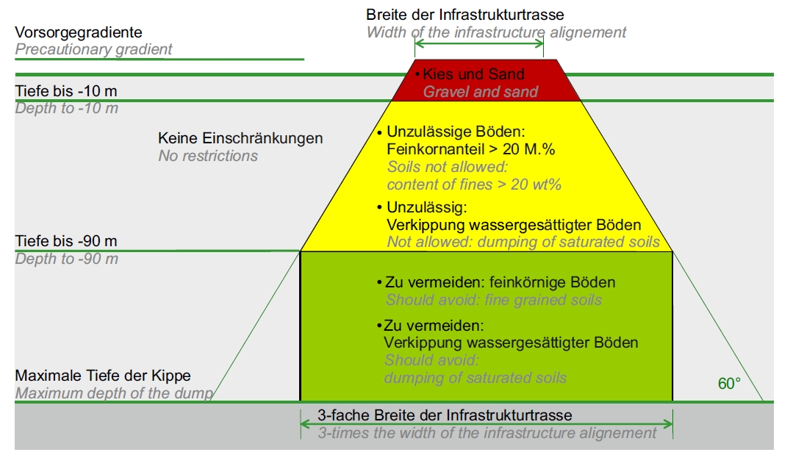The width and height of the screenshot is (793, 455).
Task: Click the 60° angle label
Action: coord(729,384)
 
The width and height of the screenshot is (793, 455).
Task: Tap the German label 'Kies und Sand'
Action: coord(473,74)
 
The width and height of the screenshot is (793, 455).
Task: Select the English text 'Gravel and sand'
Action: coord(481,92)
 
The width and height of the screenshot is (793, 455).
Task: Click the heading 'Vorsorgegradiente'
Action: coord(79,32)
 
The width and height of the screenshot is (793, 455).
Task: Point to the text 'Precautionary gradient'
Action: coord(93,49)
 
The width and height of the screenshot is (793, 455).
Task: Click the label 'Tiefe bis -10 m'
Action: coord(66,91)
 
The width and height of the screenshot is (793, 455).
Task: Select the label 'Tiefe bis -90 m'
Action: coord(66,241)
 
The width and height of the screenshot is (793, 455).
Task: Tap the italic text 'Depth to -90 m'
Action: coord(67,259)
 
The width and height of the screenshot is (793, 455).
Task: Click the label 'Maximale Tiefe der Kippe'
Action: coord(103,376)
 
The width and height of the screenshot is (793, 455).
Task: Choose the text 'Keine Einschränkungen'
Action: coord(240,138)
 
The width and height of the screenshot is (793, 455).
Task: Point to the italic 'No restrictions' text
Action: coord(208,156)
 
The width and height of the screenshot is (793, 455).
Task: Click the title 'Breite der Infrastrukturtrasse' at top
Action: coord(465,15)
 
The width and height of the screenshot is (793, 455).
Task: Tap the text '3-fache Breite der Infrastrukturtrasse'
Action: coord(445,415)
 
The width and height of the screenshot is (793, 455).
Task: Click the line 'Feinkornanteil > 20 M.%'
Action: coord(471,150)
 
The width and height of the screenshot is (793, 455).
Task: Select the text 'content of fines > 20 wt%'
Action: coord(474,184)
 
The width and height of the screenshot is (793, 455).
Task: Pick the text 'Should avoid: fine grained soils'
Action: coord(494,301)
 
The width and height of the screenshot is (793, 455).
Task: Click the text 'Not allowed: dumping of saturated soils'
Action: coord(523,242)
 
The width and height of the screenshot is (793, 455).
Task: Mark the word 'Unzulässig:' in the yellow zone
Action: coord(427,207)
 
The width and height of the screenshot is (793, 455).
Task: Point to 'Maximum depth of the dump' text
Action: coord(115,393)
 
